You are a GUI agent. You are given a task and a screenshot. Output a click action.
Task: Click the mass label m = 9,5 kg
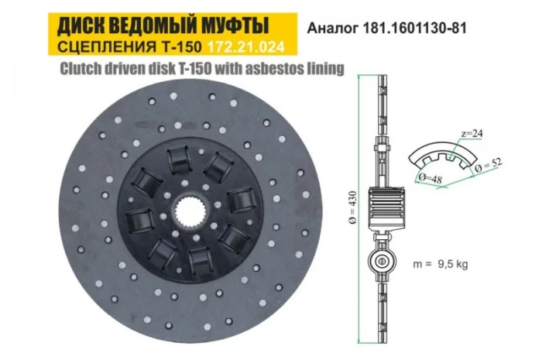tap(440, 263)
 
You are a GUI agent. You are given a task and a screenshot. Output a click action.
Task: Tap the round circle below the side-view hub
tap(382, 261)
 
